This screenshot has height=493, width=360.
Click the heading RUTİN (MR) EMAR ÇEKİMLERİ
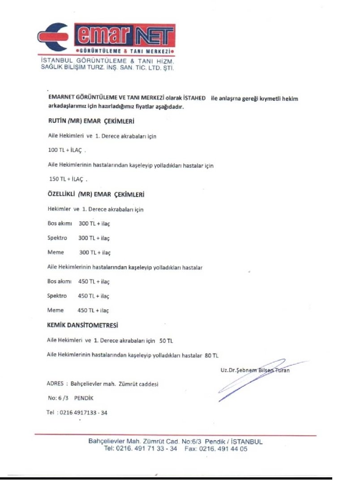click(x=91, y=121)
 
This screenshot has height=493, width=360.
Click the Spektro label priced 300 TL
click(x=57, y=238)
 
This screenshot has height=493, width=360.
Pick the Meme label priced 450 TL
click(x=56, y=310)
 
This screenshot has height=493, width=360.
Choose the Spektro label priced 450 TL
click(x=57, y=296)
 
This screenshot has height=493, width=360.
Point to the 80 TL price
click(x=211, y=355)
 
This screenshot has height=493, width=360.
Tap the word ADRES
click(x=55, y=384)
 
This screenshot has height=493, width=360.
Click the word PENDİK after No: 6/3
click(x=84, y=398)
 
